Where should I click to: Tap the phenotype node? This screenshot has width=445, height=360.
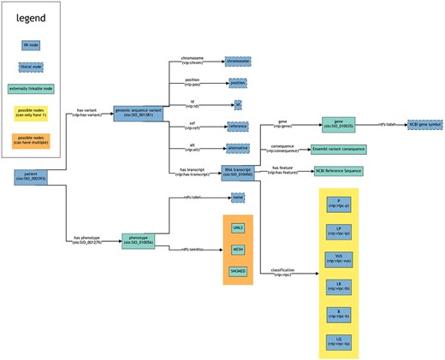(x=139, y=239)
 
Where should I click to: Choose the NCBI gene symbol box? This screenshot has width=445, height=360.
(x=419, y=125)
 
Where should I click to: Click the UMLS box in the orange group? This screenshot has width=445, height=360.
(x=237, y=228)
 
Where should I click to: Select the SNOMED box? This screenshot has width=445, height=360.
(x=237, y=270)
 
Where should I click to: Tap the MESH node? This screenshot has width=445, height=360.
(x=237, y=249)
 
